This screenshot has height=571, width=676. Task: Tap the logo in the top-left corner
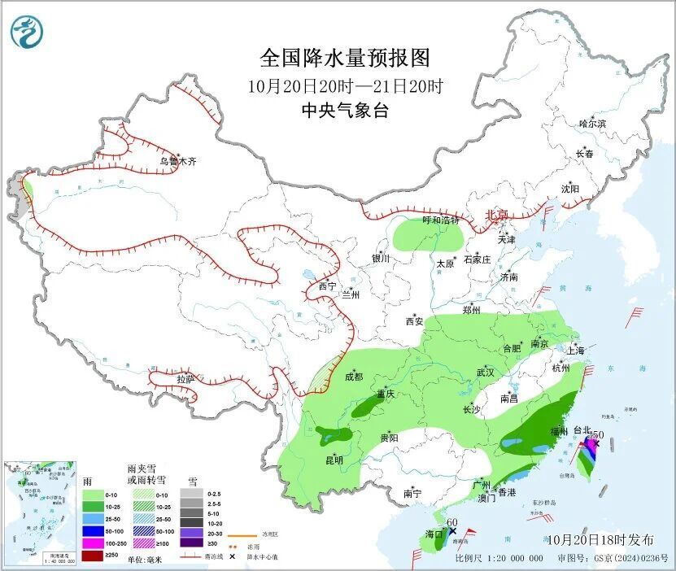[x=28, y=33]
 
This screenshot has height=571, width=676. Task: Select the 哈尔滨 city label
[x=592, y=124]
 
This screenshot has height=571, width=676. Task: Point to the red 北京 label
[x=496, y=215]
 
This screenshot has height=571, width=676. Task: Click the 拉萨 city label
[x=185, y=379]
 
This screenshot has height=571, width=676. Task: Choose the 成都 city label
[x=355, y=377]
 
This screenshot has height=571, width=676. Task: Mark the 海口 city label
[x=434, y=534]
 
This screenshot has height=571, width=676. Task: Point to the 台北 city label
[x=583, y=429]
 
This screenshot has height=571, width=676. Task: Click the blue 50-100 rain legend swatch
[x=94, y=529]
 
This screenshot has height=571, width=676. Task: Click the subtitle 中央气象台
[x=344, y=111]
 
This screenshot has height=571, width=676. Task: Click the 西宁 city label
[x=327, y=286]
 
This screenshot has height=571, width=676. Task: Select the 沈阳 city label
[x=569, y=189]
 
